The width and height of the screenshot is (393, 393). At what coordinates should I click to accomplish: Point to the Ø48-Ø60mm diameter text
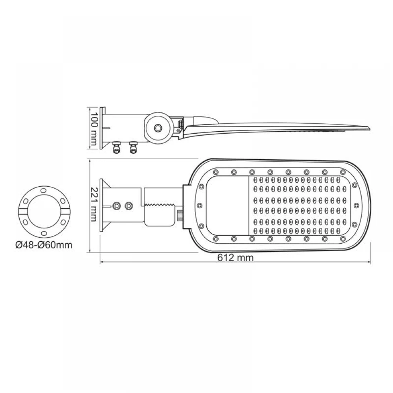click(44, 245)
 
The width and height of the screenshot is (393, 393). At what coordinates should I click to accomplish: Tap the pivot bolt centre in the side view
click(158, 128)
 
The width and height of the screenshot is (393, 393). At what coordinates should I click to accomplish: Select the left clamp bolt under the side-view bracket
click(116, 149)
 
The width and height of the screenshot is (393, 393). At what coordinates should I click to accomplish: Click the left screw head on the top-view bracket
click(117, 206)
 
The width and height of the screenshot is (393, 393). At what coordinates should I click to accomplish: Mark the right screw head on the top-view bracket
click(128, 206)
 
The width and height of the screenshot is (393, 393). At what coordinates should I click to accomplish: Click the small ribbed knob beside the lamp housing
click(180, 215)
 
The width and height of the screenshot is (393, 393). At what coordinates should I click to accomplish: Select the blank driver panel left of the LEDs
click(228, 205)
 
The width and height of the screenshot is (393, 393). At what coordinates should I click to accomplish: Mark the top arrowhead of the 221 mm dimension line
click(91, 161)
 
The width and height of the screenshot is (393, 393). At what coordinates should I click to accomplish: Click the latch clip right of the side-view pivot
click(181, 125)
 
